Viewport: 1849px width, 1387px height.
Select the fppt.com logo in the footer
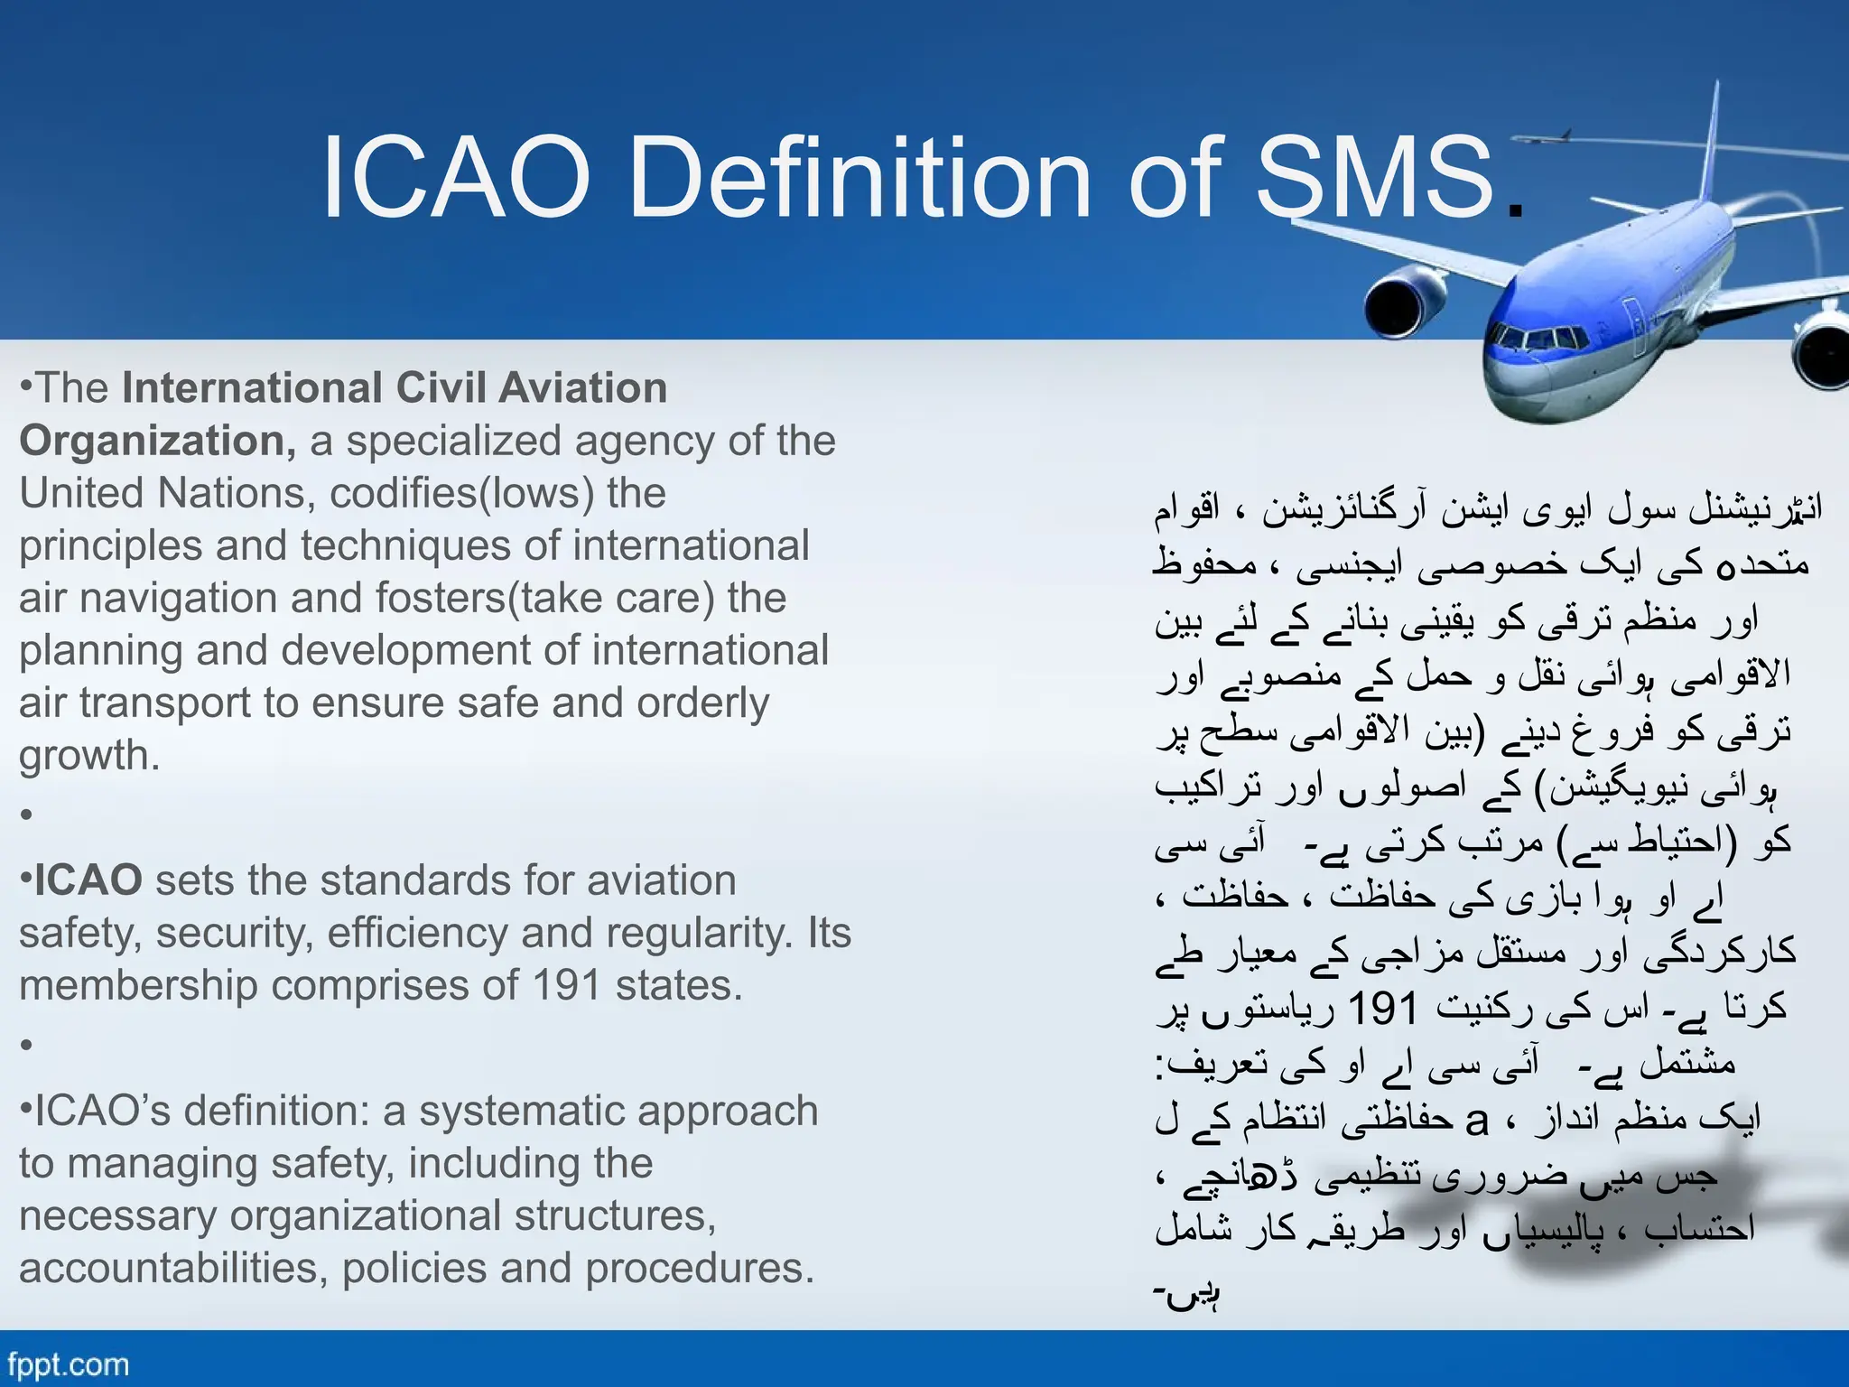tap(68, 1364)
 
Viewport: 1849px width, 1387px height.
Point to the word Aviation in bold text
tap(582, 388)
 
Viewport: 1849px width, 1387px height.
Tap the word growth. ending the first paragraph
tap(89, 756)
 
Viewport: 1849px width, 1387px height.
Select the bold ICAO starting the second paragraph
tap(88, 880)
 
